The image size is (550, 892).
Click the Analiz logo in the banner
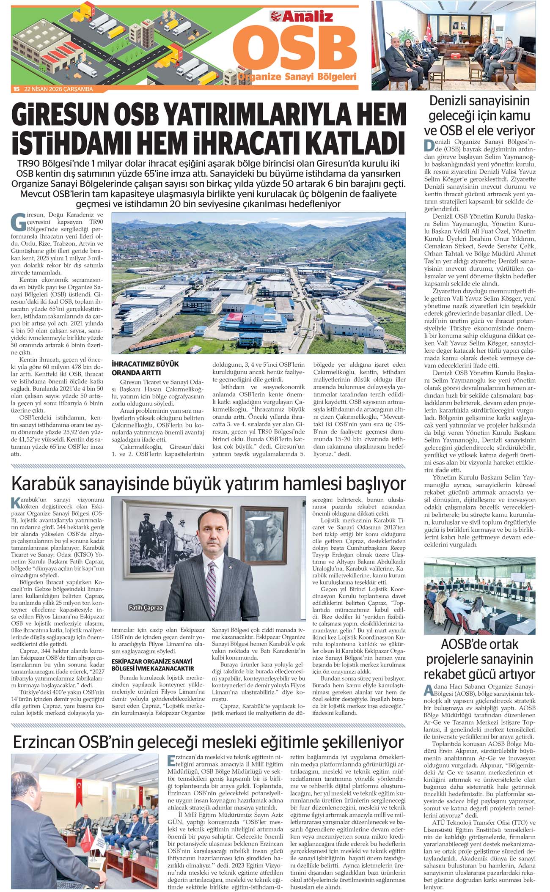pyautogui.click(x=302, y=16)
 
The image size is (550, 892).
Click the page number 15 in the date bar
pyautogui.click(x=16, y=89)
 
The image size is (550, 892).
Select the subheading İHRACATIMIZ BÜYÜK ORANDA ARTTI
pyautogui.click(x=145, y=368)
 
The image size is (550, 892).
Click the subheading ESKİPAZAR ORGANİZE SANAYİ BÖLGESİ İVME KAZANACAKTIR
pyautogui.click(x=152, y=665)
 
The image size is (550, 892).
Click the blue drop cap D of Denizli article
pyautogui.click(x=429, y=146)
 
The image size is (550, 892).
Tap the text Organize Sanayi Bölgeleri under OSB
pyautogui.click(x=297, y=77)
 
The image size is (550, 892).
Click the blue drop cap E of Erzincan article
pyautogui.click(x=171, y=761)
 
